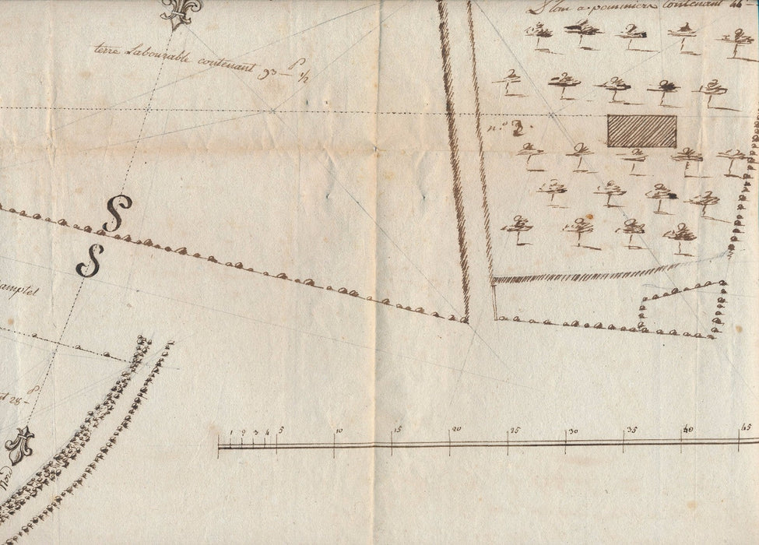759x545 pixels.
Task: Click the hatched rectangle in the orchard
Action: pos(641,131)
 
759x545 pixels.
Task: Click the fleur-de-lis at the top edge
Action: pos(181,11)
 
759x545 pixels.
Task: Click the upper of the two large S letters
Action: pos(118,213)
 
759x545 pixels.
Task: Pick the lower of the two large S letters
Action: pos(90,262)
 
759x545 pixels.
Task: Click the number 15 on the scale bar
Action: pos(395,429)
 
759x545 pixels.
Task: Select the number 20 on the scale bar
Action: pos(455,429)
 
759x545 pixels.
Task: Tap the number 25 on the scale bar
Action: pos(514,430)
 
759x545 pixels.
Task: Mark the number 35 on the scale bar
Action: pos(631,429)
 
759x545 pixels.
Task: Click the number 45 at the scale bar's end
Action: pos(745,427)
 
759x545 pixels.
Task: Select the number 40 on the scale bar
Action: pos(688,428)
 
